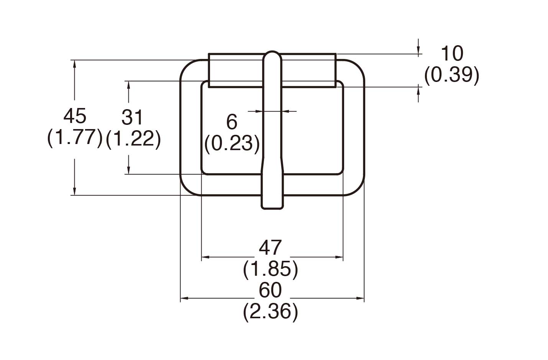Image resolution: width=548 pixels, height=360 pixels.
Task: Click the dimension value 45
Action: coord(75,116)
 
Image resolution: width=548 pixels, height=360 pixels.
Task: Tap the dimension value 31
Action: coord(132,118)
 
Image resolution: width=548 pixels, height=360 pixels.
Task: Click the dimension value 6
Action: coord(232,122)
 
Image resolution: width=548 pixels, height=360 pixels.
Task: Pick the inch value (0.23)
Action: coord(232,143)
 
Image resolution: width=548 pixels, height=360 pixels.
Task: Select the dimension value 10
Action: coord(452,54)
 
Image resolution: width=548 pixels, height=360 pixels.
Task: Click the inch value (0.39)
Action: coord(451,75)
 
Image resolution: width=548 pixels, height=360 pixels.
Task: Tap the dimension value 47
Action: coord(271,248)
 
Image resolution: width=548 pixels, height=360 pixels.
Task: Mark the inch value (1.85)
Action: coord(271,269)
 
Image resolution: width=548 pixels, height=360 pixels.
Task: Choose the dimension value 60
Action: coord(271,290)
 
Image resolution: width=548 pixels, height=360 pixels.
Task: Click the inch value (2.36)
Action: coord(271,312)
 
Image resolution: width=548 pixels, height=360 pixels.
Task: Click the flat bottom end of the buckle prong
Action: coord(272,208)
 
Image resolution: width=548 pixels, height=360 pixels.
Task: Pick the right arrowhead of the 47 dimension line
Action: coord(339,257)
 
